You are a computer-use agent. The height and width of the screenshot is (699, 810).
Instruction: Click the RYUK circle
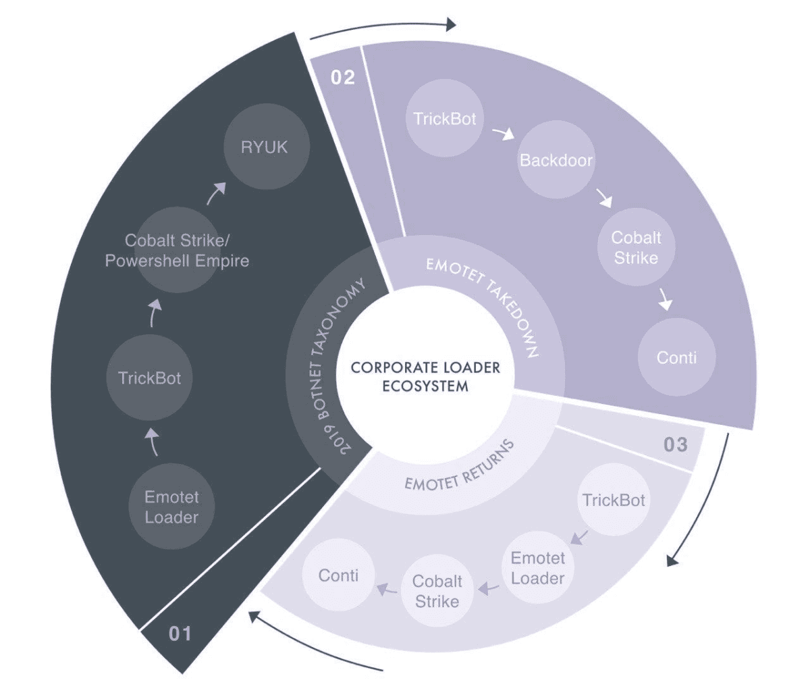click(265, 146)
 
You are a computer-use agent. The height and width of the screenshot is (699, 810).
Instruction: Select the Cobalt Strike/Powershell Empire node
click(177, 250)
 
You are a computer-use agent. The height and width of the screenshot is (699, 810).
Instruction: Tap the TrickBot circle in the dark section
click(150, 378)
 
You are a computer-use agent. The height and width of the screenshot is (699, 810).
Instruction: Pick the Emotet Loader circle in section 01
click(171, 507)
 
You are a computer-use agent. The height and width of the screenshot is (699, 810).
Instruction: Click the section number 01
click(180, 633)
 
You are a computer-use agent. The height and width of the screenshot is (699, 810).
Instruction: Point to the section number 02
click(343, 77)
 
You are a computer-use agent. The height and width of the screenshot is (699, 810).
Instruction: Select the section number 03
click(676, 444)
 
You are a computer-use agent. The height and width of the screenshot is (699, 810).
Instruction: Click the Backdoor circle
click(556, 161)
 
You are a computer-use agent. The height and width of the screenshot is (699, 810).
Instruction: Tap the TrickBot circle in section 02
click(445, 120)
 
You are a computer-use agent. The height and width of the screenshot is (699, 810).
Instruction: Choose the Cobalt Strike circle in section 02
click(635, 247)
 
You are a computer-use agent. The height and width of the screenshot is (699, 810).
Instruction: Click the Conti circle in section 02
click(676, 357)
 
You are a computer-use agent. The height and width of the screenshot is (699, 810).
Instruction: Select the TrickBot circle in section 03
click(614, 500)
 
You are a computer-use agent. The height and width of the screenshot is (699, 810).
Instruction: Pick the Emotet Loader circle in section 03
click(537, 568)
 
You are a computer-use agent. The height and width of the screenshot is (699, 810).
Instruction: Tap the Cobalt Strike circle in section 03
click(437, 590)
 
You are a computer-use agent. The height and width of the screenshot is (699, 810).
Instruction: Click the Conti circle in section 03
click(338, 576)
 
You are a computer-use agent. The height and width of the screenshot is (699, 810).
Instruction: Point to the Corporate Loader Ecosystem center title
click(425, 377)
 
